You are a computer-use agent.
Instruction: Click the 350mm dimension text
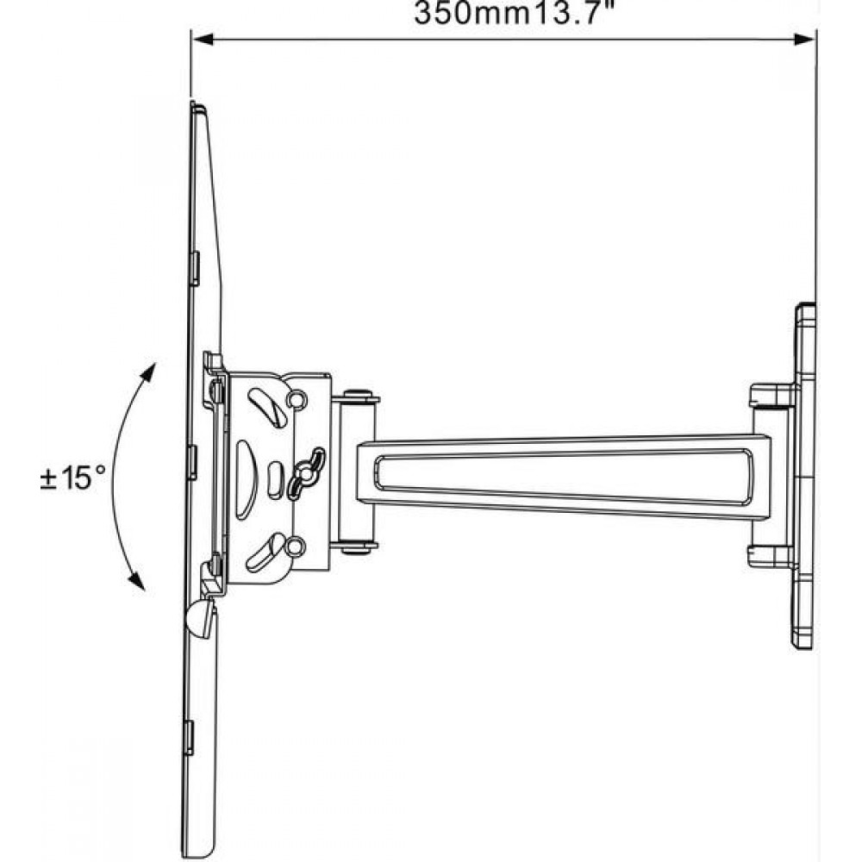tap(471, 13)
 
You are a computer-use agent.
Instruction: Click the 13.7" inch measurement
tap(572, 12)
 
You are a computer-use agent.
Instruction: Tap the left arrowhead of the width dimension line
tap(203, 39)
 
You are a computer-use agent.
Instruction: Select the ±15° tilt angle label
tap(73, 478)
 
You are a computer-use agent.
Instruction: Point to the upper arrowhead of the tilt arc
tap(148, 372)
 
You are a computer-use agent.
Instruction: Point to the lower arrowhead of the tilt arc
tap(137, 580)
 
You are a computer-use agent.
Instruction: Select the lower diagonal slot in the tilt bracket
tap(265, 552)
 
